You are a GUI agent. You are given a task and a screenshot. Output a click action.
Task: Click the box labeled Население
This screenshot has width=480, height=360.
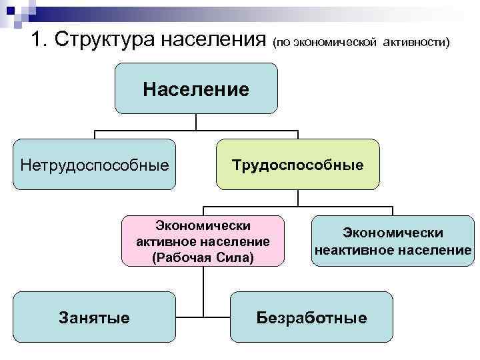(x=196, y=89)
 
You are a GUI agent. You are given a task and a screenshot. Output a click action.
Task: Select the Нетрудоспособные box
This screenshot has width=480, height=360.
(x=95, y=164)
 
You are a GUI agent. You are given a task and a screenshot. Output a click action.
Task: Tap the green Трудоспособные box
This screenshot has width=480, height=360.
(x=297, y=164)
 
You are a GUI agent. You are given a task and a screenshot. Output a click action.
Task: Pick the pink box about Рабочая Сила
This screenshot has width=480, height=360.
(x=203, y=241)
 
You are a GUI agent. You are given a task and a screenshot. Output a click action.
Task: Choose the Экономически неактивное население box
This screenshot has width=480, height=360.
(x=393, y=241)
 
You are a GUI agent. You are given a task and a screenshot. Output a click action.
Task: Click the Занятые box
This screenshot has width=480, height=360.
(x=95, y=317)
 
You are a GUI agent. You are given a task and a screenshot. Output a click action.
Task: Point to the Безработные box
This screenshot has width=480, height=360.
(x=311, y=317)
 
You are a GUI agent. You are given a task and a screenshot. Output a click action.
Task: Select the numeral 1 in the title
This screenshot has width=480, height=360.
(x=37, y=40)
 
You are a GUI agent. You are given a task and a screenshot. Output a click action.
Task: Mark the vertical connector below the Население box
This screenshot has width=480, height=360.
(x=196, y=122)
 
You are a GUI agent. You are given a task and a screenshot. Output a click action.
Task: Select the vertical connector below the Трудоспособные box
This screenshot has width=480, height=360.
(x=297, y=199)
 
